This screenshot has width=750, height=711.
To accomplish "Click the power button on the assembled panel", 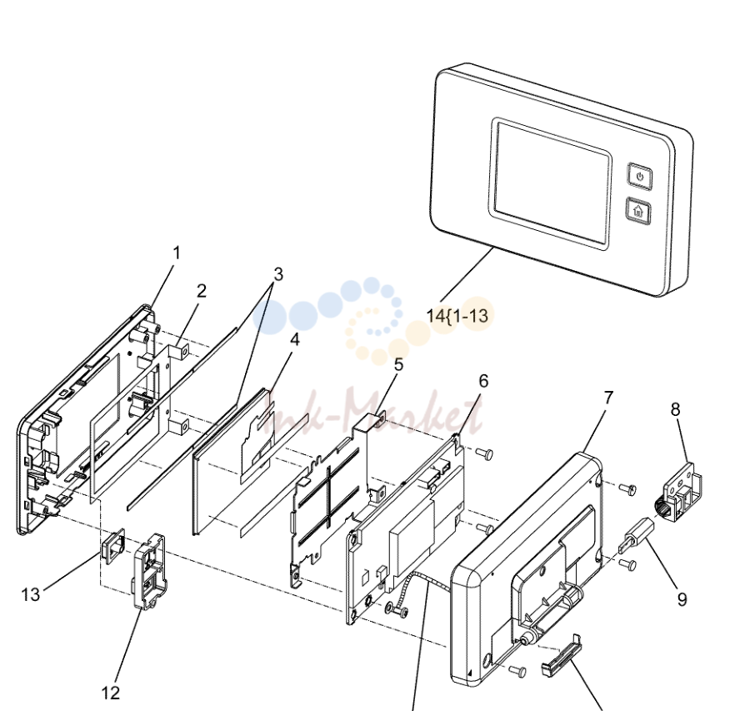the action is click(640, 176).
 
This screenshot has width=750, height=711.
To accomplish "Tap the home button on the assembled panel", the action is click(638, 210).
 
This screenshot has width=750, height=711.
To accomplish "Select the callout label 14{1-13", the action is click(457, 316).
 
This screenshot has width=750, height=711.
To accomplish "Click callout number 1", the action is click(177, 253).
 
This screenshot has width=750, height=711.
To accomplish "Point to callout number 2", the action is click(202, 291).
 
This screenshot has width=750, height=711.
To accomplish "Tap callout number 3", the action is click(278, 274).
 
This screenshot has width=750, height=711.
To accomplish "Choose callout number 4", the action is click(295, 339).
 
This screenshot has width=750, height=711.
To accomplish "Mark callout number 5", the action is click(398, 364).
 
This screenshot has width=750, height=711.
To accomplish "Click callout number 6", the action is click(483, 381).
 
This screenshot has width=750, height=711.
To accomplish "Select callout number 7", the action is click(608, 398).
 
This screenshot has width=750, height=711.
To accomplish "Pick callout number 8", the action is click(675, 409).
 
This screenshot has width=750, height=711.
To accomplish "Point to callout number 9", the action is click(682, 599).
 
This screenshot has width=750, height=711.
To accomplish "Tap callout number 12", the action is click(111, 693).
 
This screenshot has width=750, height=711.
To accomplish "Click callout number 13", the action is click(31, 595).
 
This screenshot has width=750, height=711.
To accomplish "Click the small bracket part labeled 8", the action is click(678, 493).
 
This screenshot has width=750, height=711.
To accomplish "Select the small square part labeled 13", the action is click(112, 546).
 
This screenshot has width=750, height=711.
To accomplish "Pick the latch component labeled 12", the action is click(150, 572).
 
